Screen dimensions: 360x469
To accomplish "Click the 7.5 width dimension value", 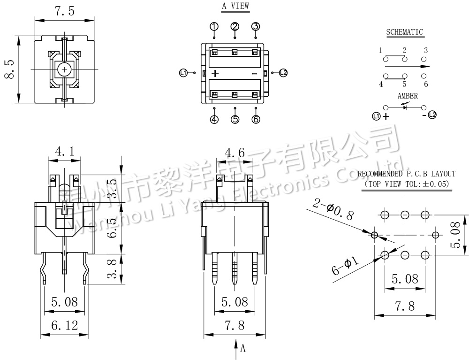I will pyautogui.click(x=65, y=12).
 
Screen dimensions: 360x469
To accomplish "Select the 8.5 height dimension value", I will pyautogui.click(x=9, y=69).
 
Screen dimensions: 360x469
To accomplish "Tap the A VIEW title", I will pyautogui.click(x=235, y=7).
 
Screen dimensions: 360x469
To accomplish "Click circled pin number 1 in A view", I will pyautogui.click(x=214, y=26).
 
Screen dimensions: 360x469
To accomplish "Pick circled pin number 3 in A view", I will pyautogui.click(x=256, y=26).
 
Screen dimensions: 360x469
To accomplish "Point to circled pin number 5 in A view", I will pyautogui.click(x=235, y=120).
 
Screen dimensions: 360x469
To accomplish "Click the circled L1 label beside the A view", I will pyautogui.click(x=183, y=72).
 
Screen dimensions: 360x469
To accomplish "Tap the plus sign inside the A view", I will pyautogui.click(x=215, y=73).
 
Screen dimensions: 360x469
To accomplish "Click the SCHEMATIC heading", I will pyautogui.click(x=404, y=32).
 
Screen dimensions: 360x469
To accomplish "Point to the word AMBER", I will pyautogui.click(x=407, y=96).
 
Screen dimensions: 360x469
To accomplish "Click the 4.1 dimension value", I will pyautogui.click(x=65, y=151).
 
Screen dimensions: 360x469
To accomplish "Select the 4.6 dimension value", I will pyautogui.click(x=235, y=152).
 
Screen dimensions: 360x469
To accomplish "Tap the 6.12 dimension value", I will pyautogui.click(x=65, y=325).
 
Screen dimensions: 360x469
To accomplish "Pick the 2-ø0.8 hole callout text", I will pyautogui.click(x=333, y=210).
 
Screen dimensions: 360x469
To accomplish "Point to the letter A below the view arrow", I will pyautogui.click(x=243, y=349).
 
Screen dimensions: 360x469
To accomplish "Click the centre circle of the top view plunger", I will pyautogui.click(x=64, y=69).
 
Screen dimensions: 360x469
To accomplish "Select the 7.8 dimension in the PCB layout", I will pyautogui.click(x=405, y=306).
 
